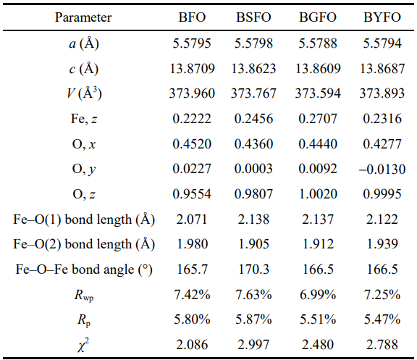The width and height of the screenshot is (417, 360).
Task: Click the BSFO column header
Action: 253,17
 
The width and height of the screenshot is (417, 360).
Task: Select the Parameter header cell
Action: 83,17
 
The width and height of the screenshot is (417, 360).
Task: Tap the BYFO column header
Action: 382,17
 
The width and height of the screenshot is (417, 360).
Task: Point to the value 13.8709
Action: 193,69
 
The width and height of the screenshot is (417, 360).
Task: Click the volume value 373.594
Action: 318,93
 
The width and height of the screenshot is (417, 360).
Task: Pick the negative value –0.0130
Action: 382,169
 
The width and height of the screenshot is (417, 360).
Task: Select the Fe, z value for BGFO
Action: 318,119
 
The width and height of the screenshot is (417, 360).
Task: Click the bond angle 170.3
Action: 253,269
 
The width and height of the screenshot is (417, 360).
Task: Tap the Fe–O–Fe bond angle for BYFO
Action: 382,269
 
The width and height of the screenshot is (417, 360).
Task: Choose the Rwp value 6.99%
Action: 318,295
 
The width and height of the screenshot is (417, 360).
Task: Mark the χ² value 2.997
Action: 253,345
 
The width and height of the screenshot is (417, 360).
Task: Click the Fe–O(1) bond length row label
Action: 84,219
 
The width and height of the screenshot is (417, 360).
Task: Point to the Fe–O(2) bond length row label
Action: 84,244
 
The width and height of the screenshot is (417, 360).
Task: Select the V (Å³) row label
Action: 84,93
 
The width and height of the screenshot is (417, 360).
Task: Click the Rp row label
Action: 84,320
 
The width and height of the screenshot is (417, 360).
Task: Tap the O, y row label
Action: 84,169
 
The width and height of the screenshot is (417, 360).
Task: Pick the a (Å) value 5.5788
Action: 318,43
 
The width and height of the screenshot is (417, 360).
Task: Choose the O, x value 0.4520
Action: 192,144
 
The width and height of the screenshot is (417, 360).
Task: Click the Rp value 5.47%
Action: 382,319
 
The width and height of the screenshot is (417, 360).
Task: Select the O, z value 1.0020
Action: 318,194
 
